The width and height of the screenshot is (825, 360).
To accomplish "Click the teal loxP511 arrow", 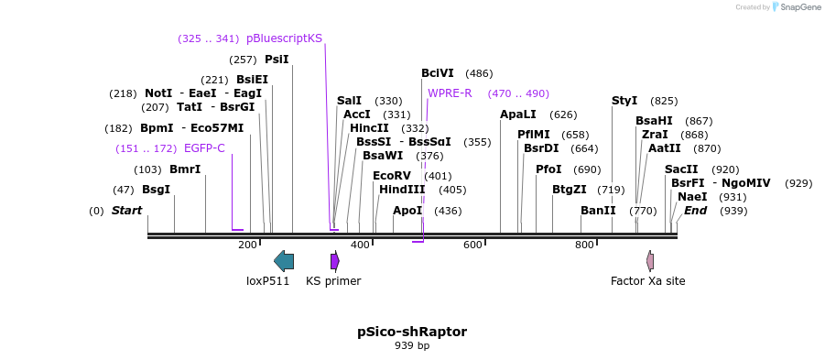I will coord(284,261).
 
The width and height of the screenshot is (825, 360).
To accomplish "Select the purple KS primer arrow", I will coord(335,261).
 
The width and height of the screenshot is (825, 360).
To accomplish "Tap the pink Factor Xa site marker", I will coord(650,261).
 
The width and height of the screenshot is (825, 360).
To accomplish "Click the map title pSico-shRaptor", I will coord(412,331).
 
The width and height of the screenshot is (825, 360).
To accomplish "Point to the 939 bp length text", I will coord(412,346).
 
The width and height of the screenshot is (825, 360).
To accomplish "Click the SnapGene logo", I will coord(795,7).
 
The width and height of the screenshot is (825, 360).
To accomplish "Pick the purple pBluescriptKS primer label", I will coord(284,38).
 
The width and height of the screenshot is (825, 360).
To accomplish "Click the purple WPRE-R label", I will coord(450,93).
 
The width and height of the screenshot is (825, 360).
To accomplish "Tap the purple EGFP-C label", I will coord(204,148).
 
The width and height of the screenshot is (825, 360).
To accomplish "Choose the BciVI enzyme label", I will coord(437,73).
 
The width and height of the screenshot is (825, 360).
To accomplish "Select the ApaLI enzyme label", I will coord(518,115).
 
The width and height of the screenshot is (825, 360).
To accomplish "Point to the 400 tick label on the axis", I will coord(360,245).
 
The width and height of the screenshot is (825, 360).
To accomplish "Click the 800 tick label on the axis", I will coord(584,245).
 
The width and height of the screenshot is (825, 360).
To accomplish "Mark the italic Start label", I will coord(127,211).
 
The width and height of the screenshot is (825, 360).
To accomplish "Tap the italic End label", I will coord(695,211).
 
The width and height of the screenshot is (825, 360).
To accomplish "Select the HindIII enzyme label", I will coord(402,190).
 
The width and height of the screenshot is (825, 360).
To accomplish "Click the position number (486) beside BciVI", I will coord(479,73).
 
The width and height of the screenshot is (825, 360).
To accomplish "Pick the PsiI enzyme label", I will coord(277,60).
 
